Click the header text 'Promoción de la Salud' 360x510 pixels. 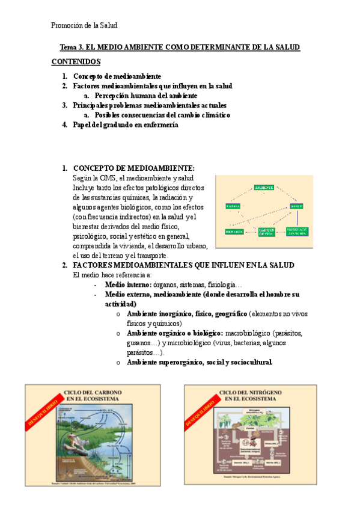click(x=84, y=25)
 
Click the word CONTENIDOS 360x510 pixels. click(x=76, y=62)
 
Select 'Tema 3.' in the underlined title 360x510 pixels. click(x=73, y=47)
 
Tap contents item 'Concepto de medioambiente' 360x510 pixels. click(x=117, y=77)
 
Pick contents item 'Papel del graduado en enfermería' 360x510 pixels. click(x=126, y=124)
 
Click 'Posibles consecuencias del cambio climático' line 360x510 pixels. click(x=162, y=115)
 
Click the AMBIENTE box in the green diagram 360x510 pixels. click(x=264, y=188)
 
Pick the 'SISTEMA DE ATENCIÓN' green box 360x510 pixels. click(x=297, y=231)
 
